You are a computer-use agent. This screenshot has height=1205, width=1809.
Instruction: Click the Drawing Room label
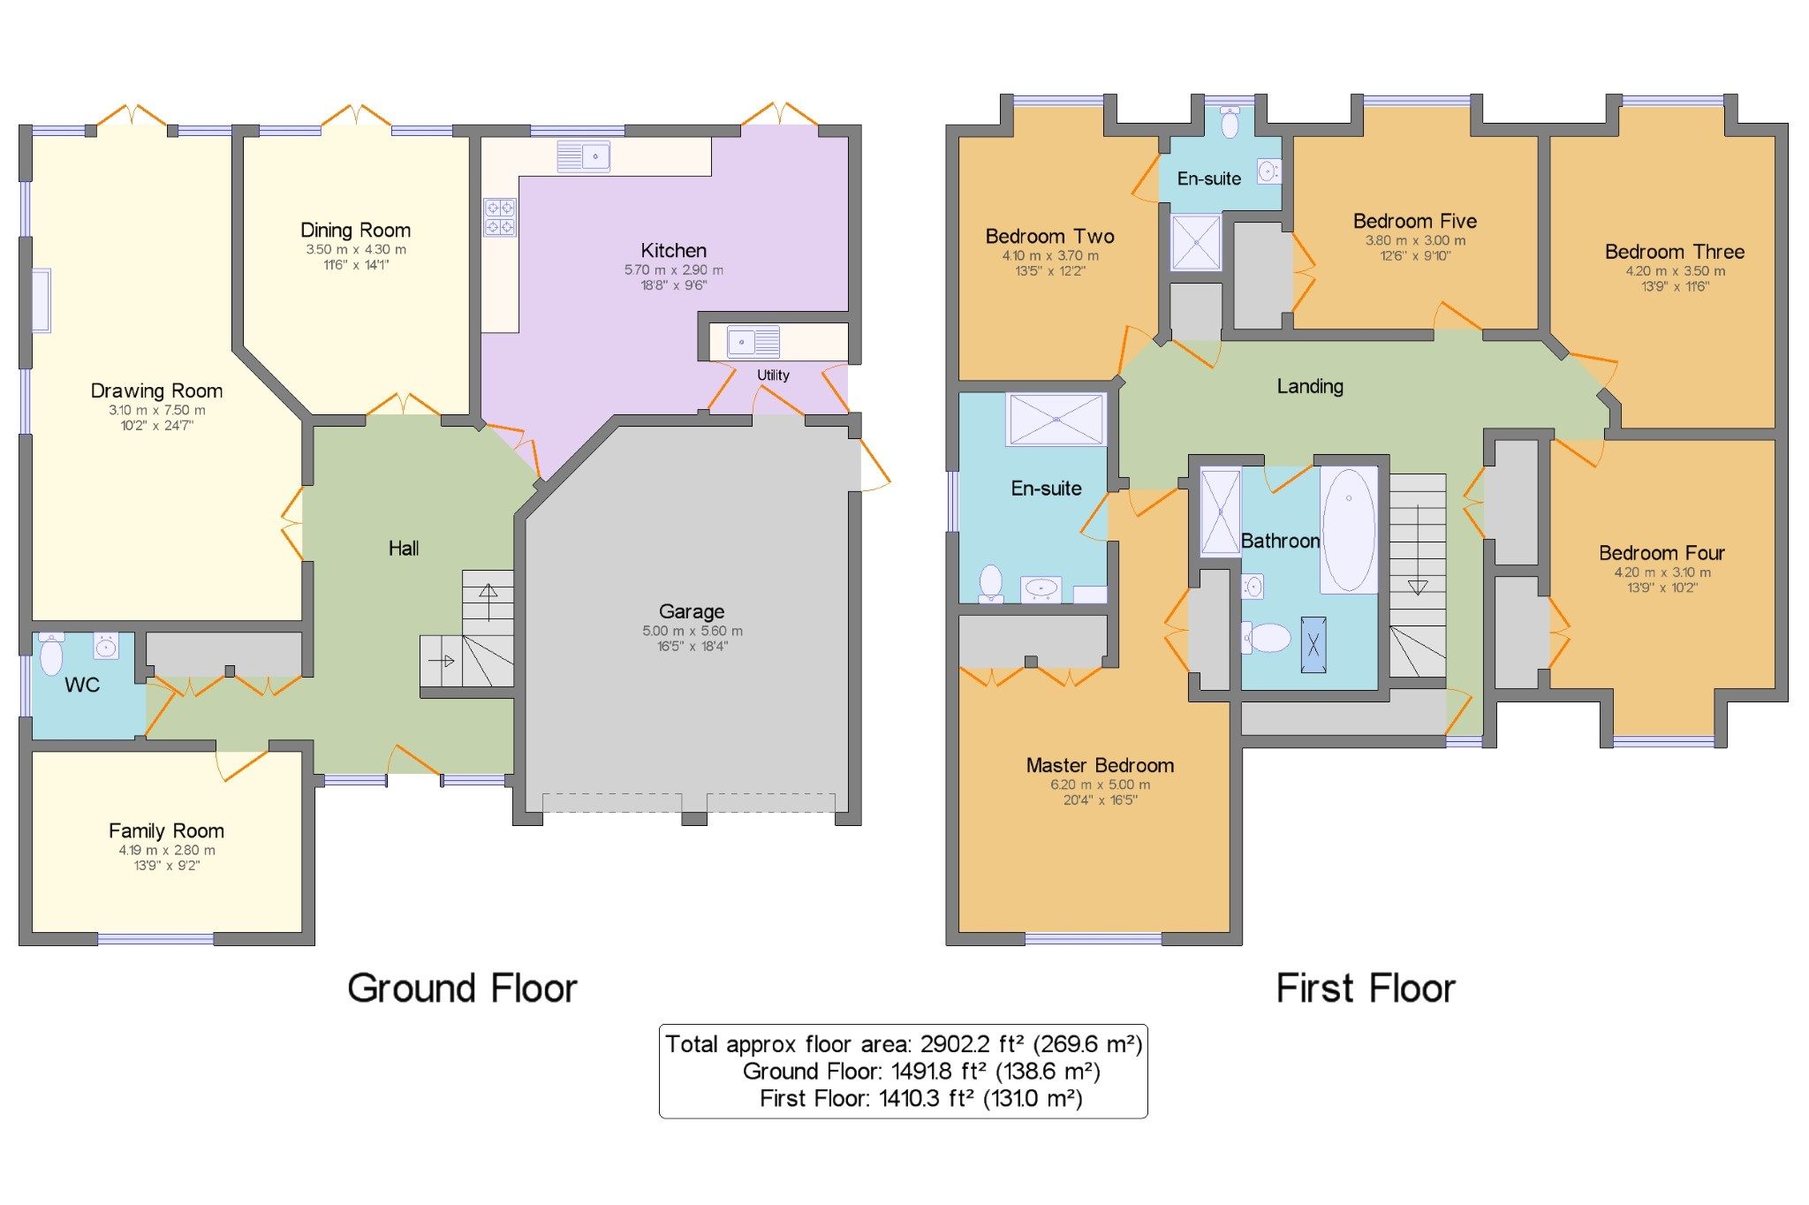pos(156,390)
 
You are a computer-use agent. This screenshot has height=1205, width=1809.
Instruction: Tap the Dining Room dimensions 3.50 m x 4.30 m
pos(355,249)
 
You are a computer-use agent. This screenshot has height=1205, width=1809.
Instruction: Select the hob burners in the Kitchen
pos(499,217)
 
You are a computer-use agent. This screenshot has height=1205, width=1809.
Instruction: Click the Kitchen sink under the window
pos(583,156)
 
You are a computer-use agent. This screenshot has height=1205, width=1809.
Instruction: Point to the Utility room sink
pos(753,341)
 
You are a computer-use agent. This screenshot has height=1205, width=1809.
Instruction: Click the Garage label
pos(691,611)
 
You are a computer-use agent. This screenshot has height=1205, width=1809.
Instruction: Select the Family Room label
pos(166,830)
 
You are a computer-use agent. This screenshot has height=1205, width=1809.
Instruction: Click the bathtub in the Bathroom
pos(1348,530)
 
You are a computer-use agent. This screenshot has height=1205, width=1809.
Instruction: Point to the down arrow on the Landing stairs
pos(1417,587)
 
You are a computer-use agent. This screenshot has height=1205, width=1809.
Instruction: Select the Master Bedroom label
pos(1100,765)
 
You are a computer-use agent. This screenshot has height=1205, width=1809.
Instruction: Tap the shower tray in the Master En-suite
pos(1056,419)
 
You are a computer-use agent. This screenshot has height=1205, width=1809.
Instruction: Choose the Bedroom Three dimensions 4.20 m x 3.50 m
pos(1675,271)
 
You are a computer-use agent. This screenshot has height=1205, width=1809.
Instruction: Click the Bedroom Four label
pos(1661,553)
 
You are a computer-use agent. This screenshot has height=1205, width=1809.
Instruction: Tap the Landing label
pos(1310,386)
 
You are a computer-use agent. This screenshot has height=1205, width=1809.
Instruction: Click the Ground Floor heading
pos(462,988)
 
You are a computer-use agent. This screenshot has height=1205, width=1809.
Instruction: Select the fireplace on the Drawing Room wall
pos(42,300)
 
